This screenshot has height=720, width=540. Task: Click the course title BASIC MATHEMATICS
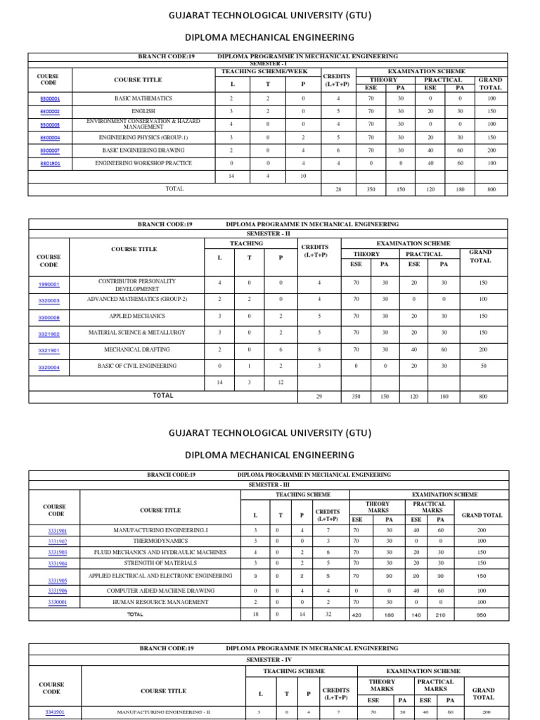143,98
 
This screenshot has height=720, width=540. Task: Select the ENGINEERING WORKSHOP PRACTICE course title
143,163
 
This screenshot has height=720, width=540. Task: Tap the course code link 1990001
49,285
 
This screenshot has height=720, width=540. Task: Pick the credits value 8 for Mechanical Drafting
319,349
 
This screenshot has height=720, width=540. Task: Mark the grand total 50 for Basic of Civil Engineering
483,366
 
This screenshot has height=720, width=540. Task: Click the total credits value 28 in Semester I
339,189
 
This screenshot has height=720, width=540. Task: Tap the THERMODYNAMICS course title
160,541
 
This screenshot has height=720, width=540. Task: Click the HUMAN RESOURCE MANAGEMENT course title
160,602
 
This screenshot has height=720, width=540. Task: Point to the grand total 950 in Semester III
482,615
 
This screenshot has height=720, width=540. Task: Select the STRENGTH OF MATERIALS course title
160,563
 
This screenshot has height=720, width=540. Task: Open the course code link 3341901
54,712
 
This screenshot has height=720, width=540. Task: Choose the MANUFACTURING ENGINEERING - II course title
162,712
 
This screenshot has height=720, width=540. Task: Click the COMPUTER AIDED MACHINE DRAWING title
160,591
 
